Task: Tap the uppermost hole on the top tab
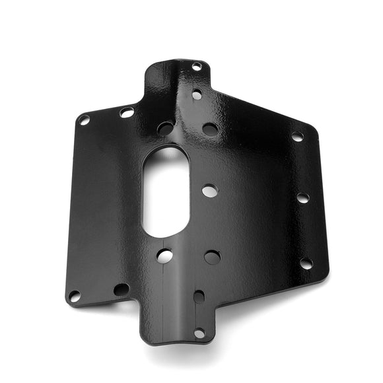pos(197,66)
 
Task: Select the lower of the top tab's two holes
pos(197,94)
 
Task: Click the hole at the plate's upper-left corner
pos(84,120)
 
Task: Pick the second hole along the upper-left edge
pos(126,113)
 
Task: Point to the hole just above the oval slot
pos(166,128)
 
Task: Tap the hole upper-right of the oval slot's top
pos(210,129)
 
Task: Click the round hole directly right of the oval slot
pos(209,191)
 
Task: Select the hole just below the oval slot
pos(164,256)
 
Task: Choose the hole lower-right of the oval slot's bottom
pos(212,257)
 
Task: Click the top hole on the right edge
pos(297,137)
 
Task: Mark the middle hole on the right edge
pos(302,197)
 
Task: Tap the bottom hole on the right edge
pos(306,263)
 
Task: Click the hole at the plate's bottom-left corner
pos(75,296)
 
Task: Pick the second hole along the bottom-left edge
pos(121,289)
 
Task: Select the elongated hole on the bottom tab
pos(199,296)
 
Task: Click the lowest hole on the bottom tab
pos(199,333)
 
